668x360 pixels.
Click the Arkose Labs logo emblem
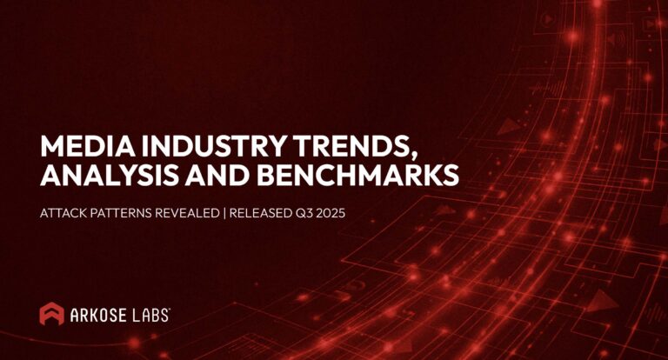pos(51,314)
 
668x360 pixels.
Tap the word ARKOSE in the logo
pos(99,315)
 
